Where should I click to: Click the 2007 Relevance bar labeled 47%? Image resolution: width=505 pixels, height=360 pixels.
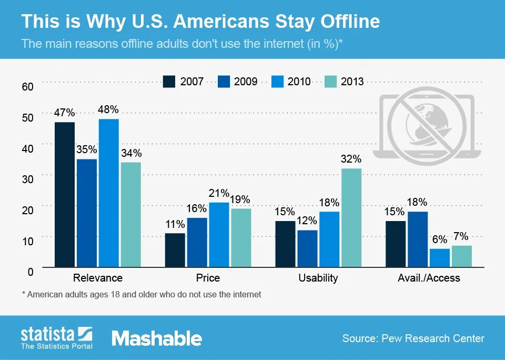coord(65,194)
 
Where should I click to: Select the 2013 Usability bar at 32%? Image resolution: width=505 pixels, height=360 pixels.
coord(351,217)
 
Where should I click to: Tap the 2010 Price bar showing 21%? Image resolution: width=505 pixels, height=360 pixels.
coord(219,234)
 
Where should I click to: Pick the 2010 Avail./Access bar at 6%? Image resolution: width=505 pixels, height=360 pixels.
coord(439,257)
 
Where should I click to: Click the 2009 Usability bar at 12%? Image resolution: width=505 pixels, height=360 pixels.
coord(307,248)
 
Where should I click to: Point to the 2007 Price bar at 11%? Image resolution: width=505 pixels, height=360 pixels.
coord(175,250)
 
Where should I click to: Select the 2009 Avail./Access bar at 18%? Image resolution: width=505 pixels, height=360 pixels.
coord(418,239)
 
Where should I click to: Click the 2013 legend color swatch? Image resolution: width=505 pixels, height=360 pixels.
coord(330,82)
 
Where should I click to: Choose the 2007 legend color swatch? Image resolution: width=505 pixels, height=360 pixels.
coord(169,82)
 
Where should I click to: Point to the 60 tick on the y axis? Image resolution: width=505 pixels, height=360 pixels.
coord(27,86)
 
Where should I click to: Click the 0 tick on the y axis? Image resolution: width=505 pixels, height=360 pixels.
coord(31,272)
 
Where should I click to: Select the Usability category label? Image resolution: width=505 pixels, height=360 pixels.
coord(318,278)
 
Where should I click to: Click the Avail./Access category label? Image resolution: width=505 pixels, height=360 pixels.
coord(429,278)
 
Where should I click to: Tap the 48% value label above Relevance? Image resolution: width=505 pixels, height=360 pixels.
coord(108,109)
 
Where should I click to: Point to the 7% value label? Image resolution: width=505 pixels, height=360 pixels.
coord(461,236)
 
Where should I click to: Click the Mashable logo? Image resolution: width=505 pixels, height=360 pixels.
coord(157,338)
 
